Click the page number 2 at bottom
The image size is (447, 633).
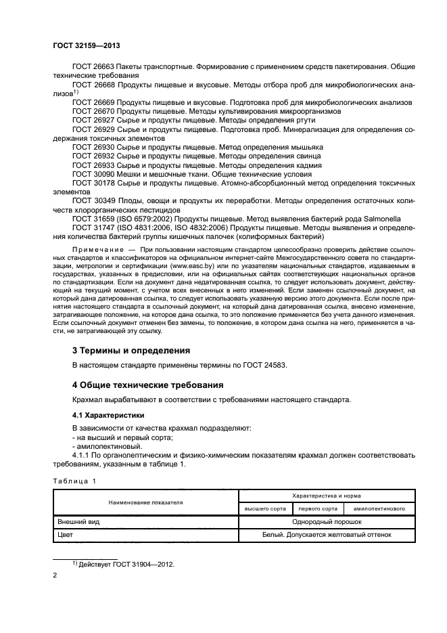(55, 575)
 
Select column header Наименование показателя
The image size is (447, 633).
(144, 502)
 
